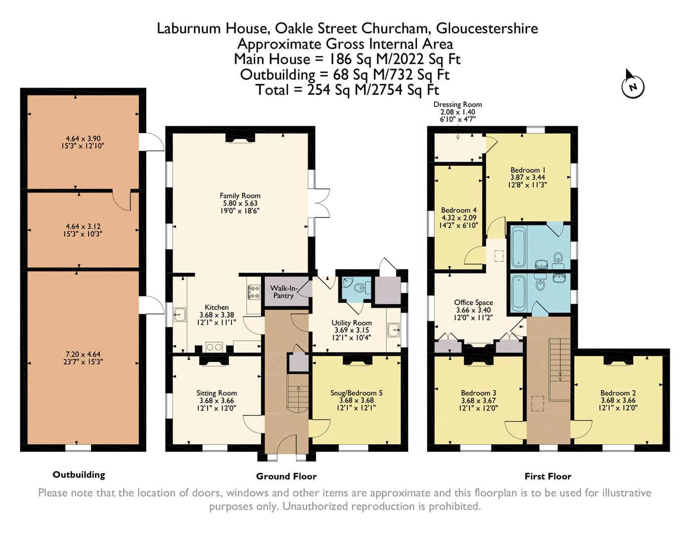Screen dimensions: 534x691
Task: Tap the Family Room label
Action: click(240, 196)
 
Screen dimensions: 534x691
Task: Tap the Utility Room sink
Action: click(394, 329)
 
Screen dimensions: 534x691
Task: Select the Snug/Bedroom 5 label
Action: click(356, 393)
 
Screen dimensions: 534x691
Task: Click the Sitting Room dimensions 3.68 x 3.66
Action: click(216, 401)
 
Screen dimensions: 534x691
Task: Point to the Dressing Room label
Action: click(458, 104)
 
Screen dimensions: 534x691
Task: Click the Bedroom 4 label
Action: click(456, 210)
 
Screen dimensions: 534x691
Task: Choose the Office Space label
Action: click(473, 303)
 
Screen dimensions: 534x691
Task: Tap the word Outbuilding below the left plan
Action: click(79, 475)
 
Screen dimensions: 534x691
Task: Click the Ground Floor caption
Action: click(286, 476)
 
